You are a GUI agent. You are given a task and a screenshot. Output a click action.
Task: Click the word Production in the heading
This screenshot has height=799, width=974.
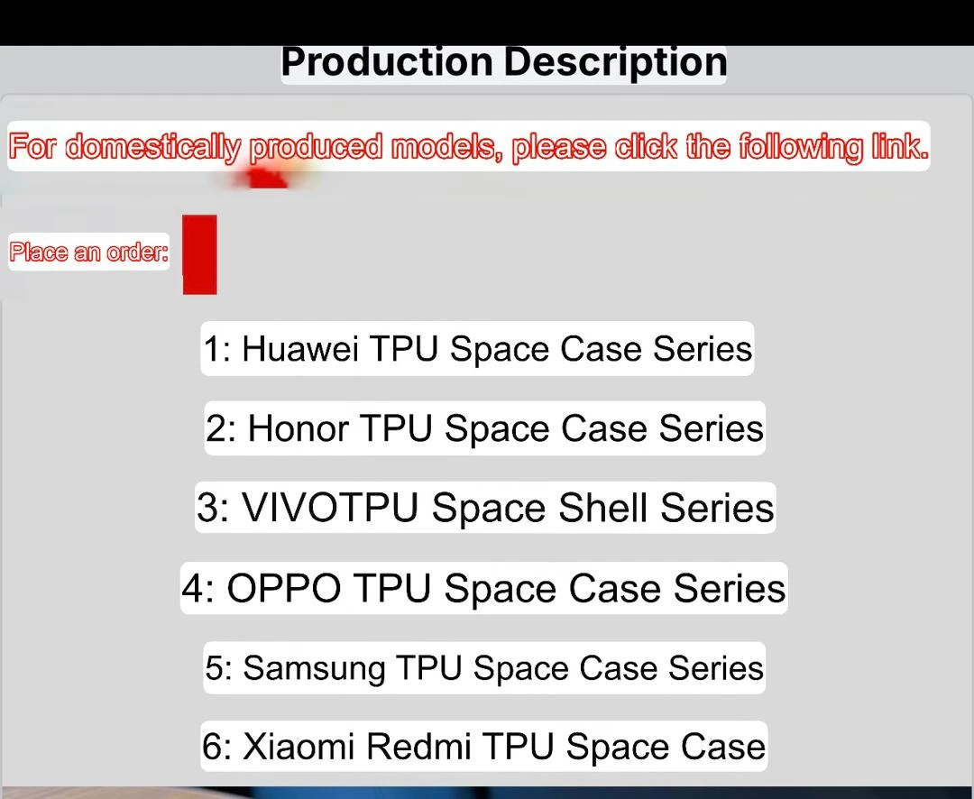coord(387,62)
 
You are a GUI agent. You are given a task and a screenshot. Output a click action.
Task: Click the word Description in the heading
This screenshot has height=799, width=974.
coord(615,63)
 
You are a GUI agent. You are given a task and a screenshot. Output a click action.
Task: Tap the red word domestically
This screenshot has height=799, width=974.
coord(152,148)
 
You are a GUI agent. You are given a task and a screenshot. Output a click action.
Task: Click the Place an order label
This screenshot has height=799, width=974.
coord(88,253)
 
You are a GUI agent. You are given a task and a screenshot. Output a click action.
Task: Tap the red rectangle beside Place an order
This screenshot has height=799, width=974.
coord(200,254)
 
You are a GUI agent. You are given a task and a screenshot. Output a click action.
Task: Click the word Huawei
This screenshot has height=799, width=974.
coord(300,349)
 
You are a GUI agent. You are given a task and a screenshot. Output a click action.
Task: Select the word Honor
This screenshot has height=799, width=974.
coord(298,428)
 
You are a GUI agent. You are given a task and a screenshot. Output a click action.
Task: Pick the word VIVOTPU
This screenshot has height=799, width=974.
coord(329,508)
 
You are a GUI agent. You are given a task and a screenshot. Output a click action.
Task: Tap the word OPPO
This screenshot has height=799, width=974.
coord(284,588)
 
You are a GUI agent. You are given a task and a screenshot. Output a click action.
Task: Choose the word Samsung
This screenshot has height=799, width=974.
coord(314,669)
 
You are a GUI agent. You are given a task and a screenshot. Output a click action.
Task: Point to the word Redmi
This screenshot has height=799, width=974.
coord(418,746)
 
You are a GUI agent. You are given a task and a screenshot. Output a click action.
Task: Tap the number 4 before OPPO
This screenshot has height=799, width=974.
coord(192,588)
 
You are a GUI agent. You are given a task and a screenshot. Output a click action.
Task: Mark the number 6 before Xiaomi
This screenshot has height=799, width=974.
coord(213,747)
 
